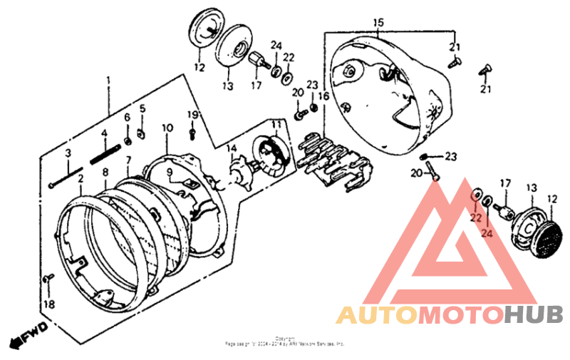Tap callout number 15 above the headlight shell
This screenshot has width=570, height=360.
pos(378,23)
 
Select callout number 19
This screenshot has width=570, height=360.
pos(192,115)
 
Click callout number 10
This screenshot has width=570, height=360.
pos(167,128)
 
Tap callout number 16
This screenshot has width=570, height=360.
pos(323,96)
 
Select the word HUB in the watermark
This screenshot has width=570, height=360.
pos(533,314)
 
